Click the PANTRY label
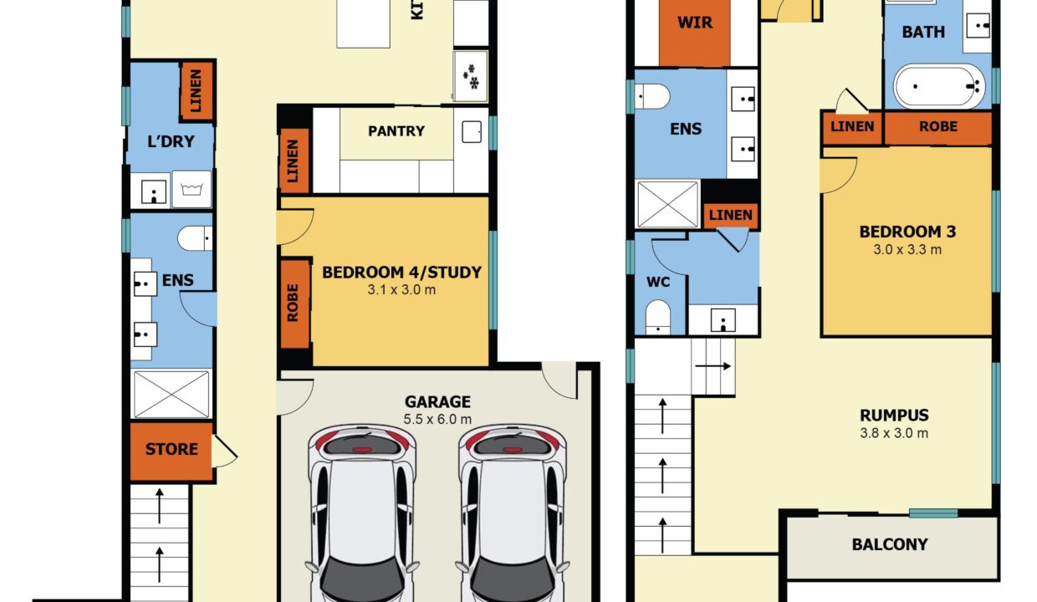396,131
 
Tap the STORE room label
171,449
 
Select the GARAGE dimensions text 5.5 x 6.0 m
437,419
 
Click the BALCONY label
890,544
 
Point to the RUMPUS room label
895,415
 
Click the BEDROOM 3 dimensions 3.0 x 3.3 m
907,250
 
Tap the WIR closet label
695,23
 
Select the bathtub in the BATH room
939,86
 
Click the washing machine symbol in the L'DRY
192,189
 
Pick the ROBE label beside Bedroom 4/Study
293,303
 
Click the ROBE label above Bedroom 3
938,126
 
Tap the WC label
658,282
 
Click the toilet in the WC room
658,317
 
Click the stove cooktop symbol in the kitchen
471,76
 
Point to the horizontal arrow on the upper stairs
713,366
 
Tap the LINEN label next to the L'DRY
196,90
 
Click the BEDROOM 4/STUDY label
401,273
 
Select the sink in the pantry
472,132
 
